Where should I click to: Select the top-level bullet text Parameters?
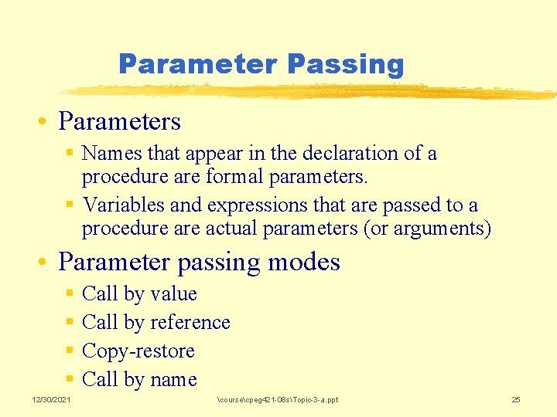[x=119, y=122]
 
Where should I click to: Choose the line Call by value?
[x=139, y=294]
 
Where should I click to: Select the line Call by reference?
[x=155, y=323]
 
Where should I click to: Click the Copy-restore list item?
[x=138, y=351]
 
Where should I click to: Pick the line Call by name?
[x=139, y=380]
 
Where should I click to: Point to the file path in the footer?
[x=278, y=399]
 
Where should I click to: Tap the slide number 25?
[x=516, y=399]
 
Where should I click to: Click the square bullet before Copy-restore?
[x=70, y=351]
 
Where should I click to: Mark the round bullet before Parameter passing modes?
[x=48, y=263]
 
